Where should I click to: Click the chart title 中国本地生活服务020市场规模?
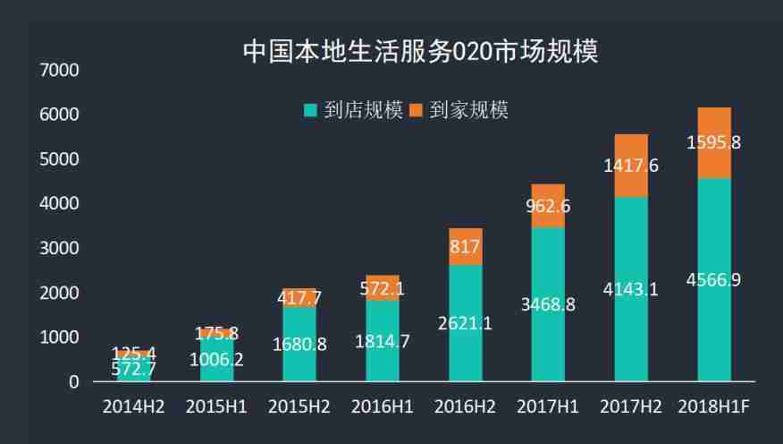pos(420,51)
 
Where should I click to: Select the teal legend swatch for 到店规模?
pos(310,111)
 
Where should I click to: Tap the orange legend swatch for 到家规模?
pos(416,111)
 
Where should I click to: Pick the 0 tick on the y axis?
pos(73,382)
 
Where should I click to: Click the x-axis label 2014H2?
pos(133,406)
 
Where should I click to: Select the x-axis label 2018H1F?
pos(713,406)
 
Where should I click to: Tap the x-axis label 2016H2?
pos(465,406)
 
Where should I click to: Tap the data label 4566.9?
pos(713,280)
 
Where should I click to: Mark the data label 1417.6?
pos(631,166)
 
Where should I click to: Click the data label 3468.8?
pos(548,304)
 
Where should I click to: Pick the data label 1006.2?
pos(215,360)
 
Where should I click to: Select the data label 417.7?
pos(299,298)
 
